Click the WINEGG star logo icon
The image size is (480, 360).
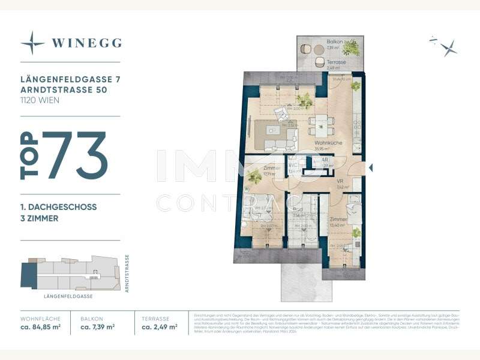click(32, 43)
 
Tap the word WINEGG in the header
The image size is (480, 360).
click(86, 43)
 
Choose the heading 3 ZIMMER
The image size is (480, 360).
click(39, 219)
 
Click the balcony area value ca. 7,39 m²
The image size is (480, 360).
click(98, 327)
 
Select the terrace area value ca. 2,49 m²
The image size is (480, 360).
click(159, 327)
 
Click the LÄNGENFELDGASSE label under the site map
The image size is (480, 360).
click(68, 296)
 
